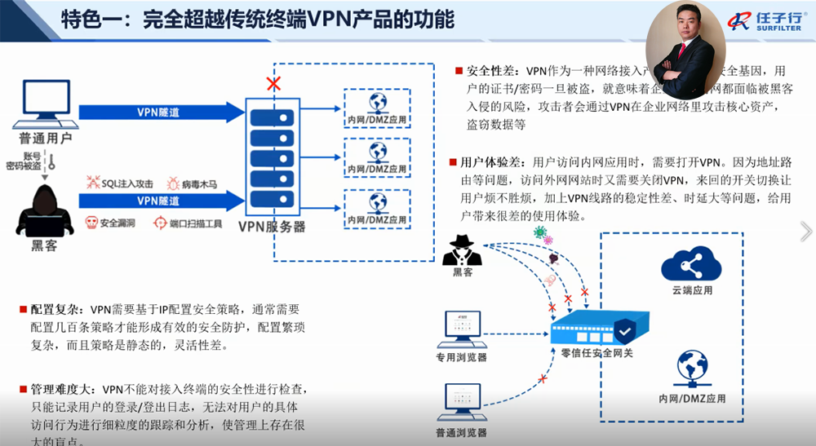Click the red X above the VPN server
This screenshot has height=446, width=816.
pyautogui.click(x=274, y=83)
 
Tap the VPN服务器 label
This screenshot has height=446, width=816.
pyautogui.click(x=272, y=227)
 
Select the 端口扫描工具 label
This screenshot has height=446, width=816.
pyautogui.click(x=195, y=222)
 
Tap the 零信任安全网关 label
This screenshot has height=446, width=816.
pyautogui.click(x=596, y=352)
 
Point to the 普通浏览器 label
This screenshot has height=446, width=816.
pyautogui.click(x=461, y=432)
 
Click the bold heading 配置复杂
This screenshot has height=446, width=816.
pyautogui.click(x=54, y=310)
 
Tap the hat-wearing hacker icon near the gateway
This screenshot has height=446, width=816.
pyautogui.click(x=462, y=251)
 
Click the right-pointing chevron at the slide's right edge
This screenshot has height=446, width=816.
pyautogui.click(x=806, y=232)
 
